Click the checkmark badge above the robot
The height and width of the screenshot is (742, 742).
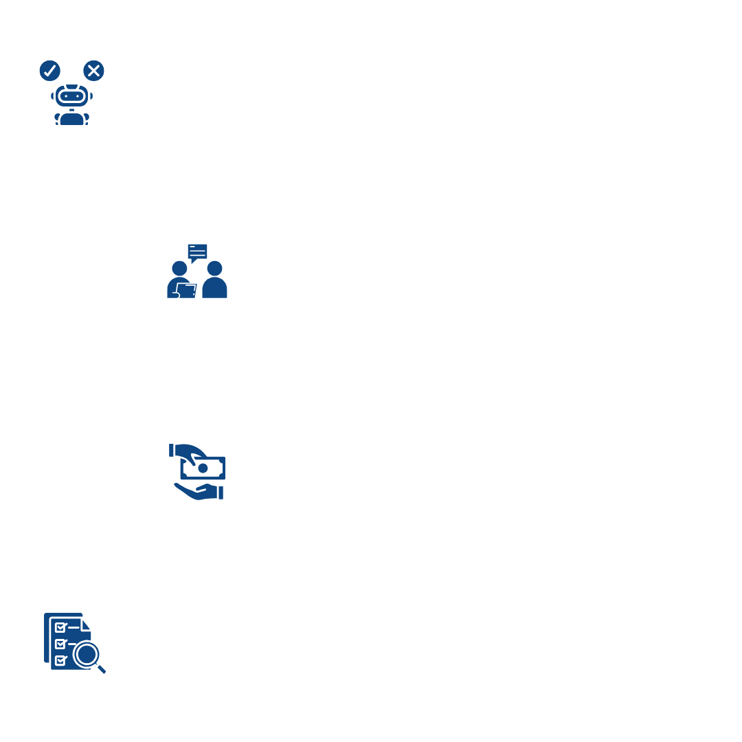[49, 70]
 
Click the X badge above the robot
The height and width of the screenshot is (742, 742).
[93, 70]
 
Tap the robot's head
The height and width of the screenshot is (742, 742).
[71, 96]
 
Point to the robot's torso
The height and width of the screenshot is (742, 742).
[71, 119]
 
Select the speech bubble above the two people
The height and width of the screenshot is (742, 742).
[197, 252]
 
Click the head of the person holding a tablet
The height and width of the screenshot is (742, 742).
[179, 268]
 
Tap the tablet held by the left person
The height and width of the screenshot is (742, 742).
[186, 290]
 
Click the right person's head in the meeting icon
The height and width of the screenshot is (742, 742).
[214, 268]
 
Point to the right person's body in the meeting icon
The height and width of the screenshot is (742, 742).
[214, 289]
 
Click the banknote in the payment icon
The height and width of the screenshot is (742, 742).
[204, 468]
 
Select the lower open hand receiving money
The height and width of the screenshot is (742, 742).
[196, 491]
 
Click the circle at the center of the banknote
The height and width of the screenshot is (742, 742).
[203, 468]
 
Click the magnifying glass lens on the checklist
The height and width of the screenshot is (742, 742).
[86, 654]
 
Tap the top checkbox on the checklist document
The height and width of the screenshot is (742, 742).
[60, 627]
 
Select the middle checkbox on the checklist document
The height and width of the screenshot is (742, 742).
[60, 644]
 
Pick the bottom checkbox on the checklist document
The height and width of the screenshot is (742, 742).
[60, 660]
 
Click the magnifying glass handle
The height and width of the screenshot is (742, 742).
[101, 668]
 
